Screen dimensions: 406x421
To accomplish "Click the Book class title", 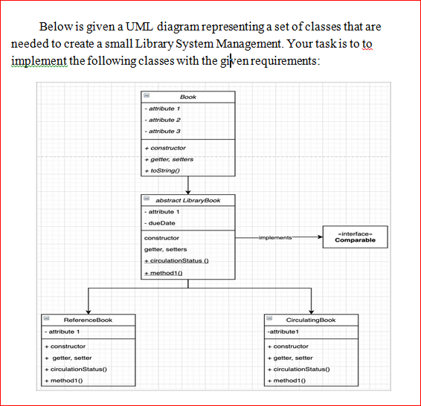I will [x=187, y=97].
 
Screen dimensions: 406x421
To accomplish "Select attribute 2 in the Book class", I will [x=164, y=120].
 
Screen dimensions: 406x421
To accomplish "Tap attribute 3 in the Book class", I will [x=164, y=131].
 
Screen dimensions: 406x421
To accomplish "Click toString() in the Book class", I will [x=167, y=170].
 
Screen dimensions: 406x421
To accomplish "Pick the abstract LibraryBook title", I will [x=187, y=200].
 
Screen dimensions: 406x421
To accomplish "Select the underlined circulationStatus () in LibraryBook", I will [x=175, y=262].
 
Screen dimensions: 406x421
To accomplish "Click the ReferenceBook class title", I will [x=88, y=320].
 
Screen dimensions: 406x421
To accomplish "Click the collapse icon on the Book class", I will [x=147, y=97].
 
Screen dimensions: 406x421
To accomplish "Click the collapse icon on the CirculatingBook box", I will [x=271, y=320].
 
